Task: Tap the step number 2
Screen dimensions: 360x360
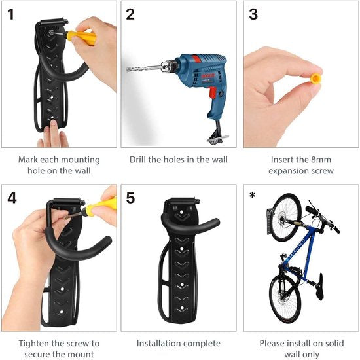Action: pyautogui.click(x=130, y=14)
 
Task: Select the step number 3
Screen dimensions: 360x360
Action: pyautogui.click(x=253, y=14)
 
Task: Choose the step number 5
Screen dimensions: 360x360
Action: pyautogui.click(x=131, y=197)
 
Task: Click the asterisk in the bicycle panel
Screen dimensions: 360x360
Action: pyautogui.click(x=253, y=195)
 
